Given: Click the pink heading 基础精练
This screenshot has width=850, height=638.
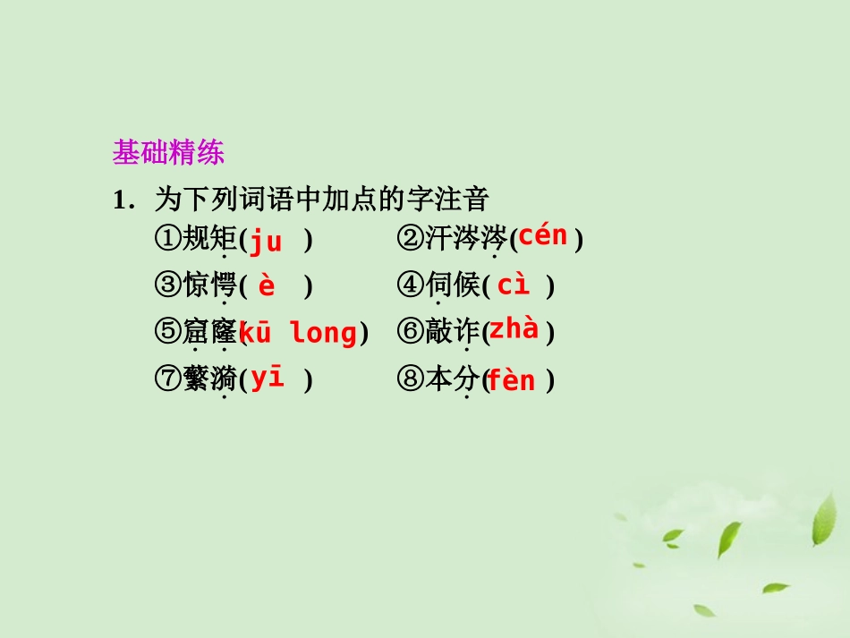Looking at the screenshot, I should click(x=168, y=153).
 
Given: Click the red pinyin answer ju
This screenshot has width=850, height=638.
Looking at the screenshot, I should click(x=265, y=242).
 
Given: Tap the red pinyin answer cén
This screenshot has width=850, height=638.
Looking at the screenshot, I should click(x=543, y=236).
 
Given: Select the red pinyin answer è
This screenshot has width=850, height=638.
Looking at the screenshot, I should click(x=267, y=287).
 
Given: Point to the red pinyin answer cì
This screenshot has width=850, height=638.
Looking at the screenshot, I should click(x=514, y=285).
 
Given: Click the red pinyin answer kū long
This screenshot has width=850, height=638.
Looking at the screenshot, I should click(x=298, y=334).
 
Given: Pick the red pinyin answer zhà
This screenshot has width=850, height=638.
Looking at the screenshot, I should click(x=514, y=329).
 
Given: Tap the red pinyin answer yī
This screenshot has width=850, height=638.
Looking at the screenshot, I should click(x=267, y=378).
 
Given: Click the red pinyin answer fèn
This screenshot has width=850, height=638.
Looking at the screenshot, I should click(x=511, y=381).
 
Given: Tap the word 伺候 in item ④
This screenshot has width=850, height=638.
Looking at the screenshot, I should click(x=453, y=286).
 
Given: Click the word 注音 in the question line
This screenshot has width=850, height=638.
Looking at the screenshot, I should click(x=467, y=198).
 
